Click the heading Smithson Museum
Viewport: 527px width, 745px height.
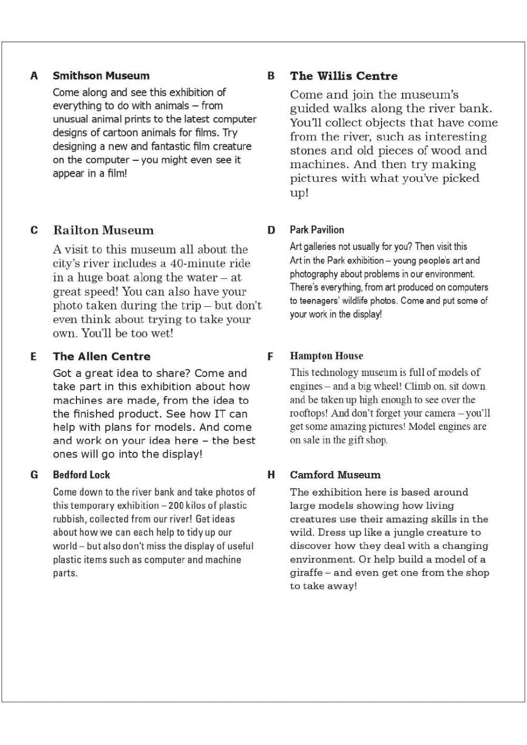click(101, 76)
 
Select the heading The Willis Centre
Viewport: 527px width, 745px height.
click(344, 76)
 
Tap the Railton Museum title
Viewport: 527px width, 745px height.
click(103, 230)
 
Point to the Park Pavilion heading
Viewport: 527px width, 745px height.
click(317, 230)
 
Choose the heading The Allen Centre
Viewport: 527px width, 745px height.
click(102, 356)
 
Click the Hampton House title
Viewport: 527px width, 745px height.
click(326, 356)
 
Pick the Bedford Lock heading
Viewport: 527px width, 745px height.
click(81, 475)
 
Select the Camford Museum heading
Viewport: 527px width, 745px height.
click(335, 475)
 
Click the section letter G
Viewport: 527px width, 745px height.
click(34, 475)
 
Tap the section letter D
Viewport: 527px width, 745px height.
click(271, 230)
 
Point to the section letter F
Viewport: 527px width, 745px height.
click(271, 357)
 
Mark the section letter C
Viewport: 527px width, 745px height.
click(34, 230)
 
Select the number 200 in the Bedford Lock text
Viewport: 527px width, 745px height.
click(177, 506)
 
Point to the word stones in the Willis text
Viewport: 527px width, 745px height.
click(308, 151)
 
